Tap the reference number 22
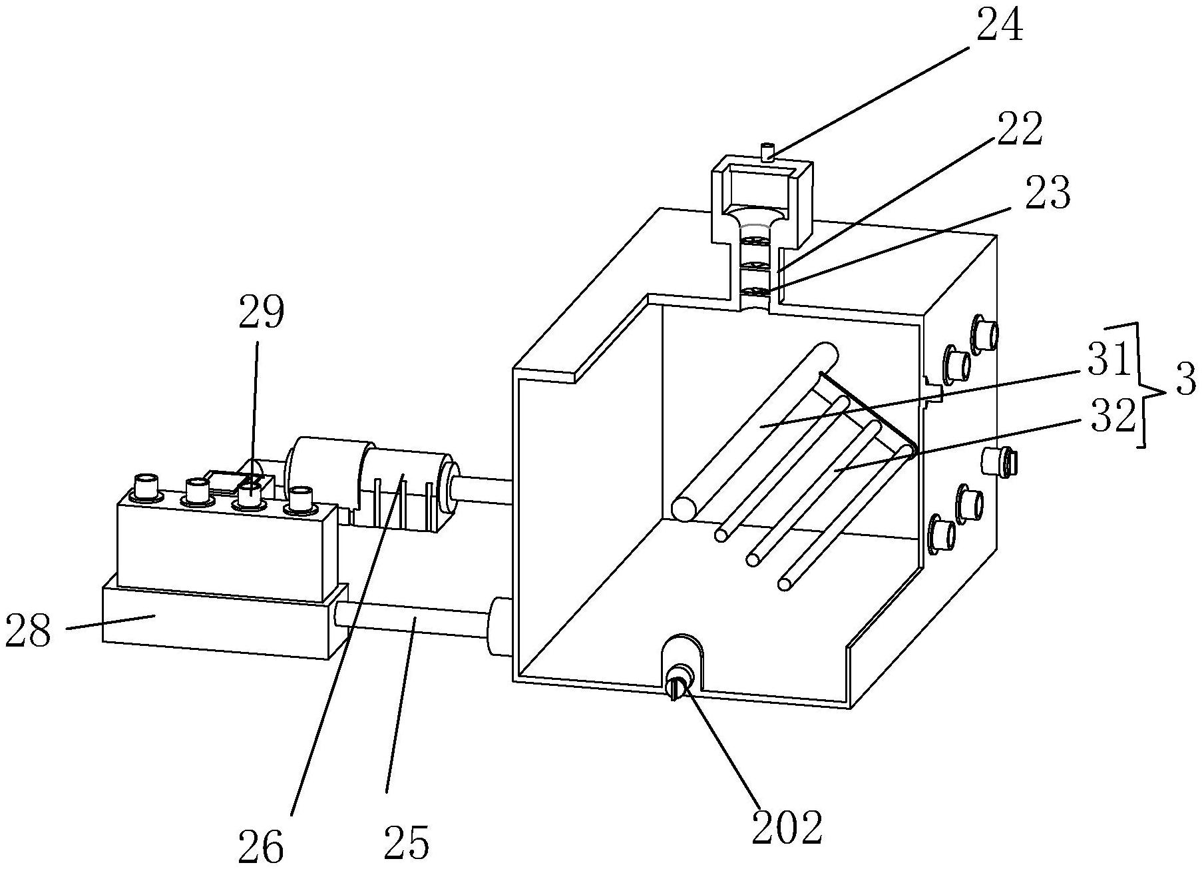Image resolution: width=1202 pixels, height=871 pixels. [x=1018, y=130]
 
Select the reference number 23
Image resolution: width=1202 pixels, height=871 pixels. [x=1047, y=193]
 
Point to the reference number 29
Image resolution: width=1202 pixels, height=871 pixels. [x=262, y=312]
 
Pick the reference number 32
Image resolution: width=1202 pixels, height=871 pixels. [x=1111, y=417]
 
